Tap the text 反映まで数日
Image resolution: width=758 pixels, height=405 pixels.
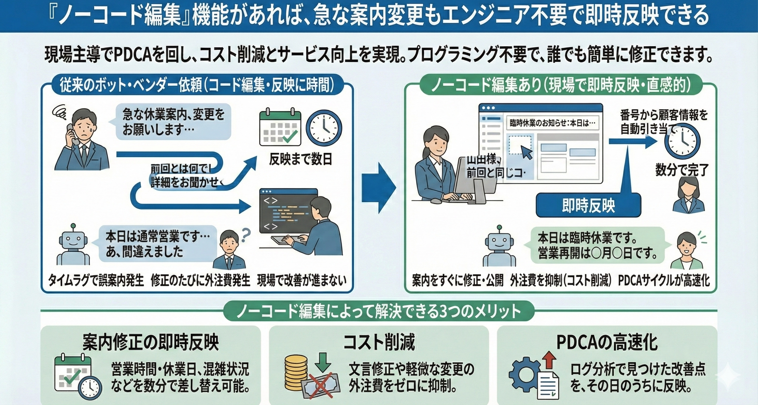300,159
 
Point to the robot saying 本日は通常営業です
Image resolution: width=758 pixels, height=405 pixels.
73,245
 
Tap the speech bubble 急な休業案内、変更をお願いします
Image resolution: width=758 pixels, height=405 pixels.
173,121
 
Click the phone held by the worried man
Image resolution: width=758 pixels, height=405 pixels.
72,134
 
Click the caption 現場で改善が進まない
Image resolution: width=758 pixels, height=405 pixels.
301,281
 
